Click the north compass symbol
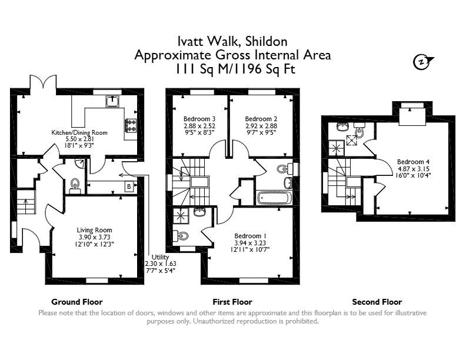[422, 62]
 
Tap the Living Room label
[95, 230]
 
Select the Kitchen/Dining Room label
[79, 132]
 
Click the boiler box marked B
[129, 186]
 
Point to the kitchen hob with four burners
[131, 125]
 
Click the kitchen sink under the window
[112, 101]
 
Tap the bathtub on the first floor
[274, 198]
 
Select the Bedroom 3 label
[199, 119]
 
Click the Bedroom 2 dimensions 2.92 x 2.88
[261, 126]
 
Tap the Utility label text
[160, 257]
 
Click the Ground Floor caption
[77, 302]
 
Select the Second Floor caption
[377, 302]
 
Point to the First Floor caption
[232, 302]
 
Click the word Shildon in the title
[267, 41]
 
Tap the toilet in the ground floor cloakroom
[75, 185]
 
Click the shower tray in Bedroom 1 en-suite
[181, 215]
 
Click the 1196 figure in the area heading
[247, 69]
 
